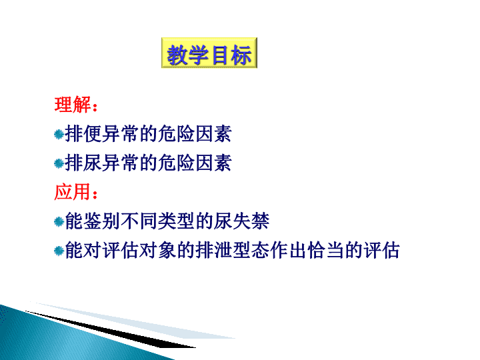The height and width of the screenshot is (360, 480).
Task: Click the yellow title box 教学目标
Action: point(209,53)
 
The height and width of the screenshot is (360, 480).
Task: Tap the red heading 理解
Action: point(73,105)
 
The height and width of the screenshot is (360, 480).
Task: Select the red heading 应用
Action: point(73,192)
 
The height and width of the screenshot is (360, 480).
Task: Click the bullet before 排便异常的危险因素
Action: point(59,135)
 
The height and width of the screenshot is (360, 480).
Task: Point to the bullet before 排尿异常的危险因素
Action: point(59,163)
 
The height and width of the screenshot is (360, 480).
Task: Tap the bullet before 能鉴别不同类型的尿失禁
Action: point(59,221)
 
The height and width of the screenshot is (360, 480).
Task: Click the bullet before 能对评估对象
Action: point(59,251)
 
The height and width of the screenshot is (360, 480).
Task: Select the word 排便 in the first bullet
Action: point(83,134)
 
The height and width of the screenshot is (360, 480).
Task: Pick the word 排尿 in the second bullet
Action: point(83,163)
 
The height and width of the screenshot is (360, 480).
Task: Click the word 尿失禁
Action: point(242,221)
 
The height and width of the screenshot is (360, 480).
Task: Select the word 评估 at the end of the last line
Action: point(381,251)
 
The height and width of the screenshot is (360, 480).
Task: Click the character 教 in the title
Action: point(177,55)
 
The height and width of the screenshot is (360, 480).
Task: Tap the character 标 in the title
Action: point(241,55)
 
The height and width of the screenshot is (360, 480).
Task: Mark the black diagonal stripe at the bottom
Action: point(110,329)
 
